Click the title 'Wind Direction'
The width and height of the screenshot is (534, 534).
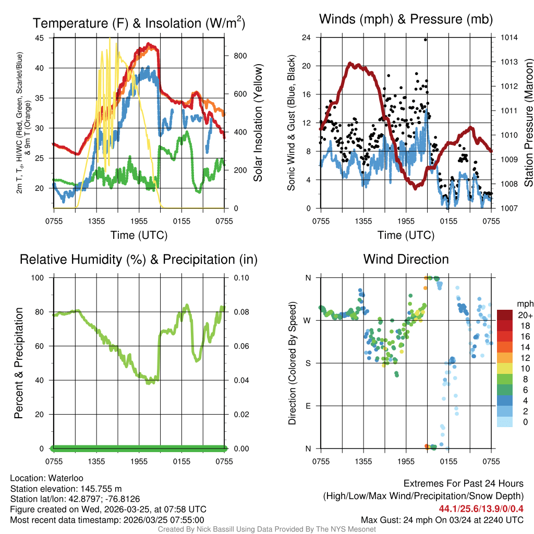[x=406, y=259]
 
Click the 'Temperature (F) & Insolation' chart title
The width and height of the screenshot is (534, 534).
[x=139, y=23]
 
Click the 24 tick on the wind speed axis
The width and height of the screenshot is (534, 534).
[x=307, y=38]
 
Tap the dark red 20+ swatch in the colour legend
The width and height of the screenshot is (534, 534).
[x=504, y=314]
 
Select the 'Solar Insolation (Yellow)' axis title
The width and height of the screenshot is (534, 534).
[x=258, y=123]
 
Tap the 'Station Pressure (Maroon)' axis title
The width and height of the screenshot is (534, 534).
[x=528, y=123]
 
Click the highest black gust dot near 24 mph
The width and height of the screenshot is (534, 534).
[x=426, y=39]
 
